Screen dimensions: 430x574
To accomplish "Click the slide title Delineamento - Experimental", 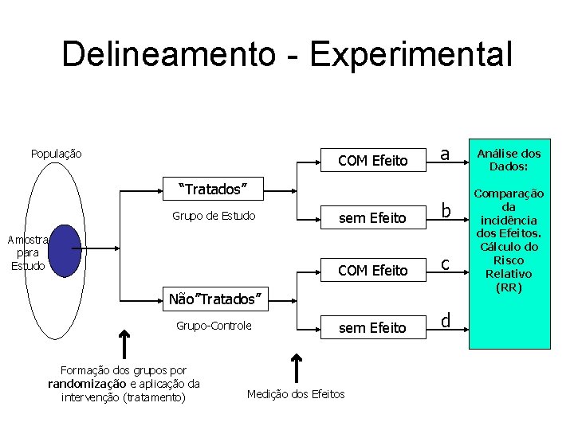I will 287,54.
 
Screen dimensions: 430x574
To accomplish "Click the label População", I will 56,154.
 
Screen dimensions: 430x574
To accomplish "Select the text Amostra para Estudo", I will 29,252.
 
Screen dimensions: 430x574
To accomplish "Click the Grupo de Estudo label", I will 214,216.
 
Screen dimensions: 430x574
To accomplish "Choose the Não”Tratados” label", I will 214,299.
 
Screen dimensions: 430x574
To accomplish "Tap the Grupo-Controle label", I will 214,326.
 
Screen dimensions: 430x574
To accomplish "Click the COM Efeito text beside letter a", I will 372,161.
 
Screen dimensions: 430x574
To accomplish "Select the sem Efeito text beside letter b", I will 372,217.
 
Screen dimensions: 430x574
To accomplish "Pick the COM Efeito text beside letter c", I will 372,271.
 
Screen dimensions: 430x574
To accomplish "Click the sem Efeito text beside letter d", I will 372,327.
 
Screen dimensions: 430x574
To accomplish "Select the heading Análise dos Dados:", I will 509,160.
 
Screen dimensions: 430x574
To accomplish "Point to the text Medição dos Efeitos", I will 296,394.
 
